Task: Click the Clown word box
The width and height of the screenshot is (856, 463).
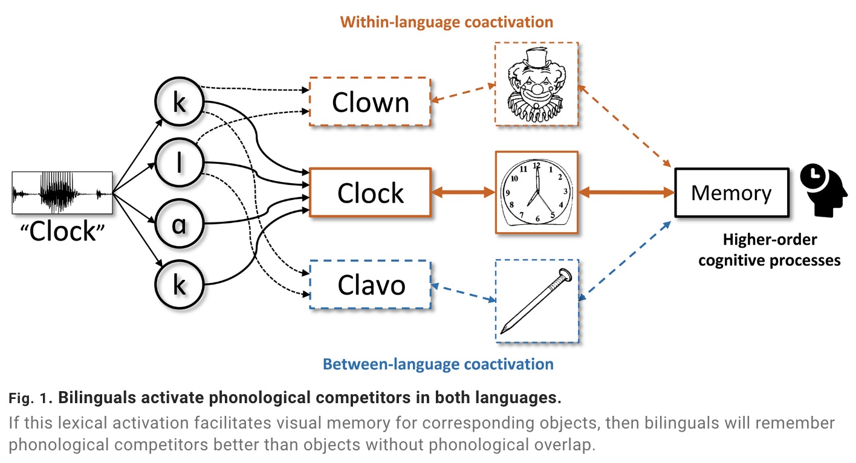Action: (x=369, y=102)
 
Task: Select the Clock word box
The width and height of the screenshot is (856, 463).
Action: (x=369, y=193)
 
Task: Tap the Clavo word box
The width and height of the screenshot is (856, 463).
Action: (x=369, y=285)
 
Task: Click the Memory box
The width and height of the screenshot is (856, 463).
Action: (x=731, y=193)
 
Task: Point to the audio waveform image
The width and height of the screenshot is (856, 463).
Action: (x=63, y=193)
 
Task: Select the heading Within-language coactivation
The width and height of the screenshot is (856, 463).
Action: (x=446, y=23)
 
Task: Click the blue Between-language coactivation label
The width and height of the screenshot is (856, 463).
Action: (x=438, y=364)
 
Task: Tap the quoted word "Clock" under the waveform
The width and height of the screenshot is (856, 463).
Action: (x=63, y=231)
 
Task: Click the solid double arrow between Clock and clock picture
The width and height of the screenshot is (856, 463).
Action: (x=462, y=193)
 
